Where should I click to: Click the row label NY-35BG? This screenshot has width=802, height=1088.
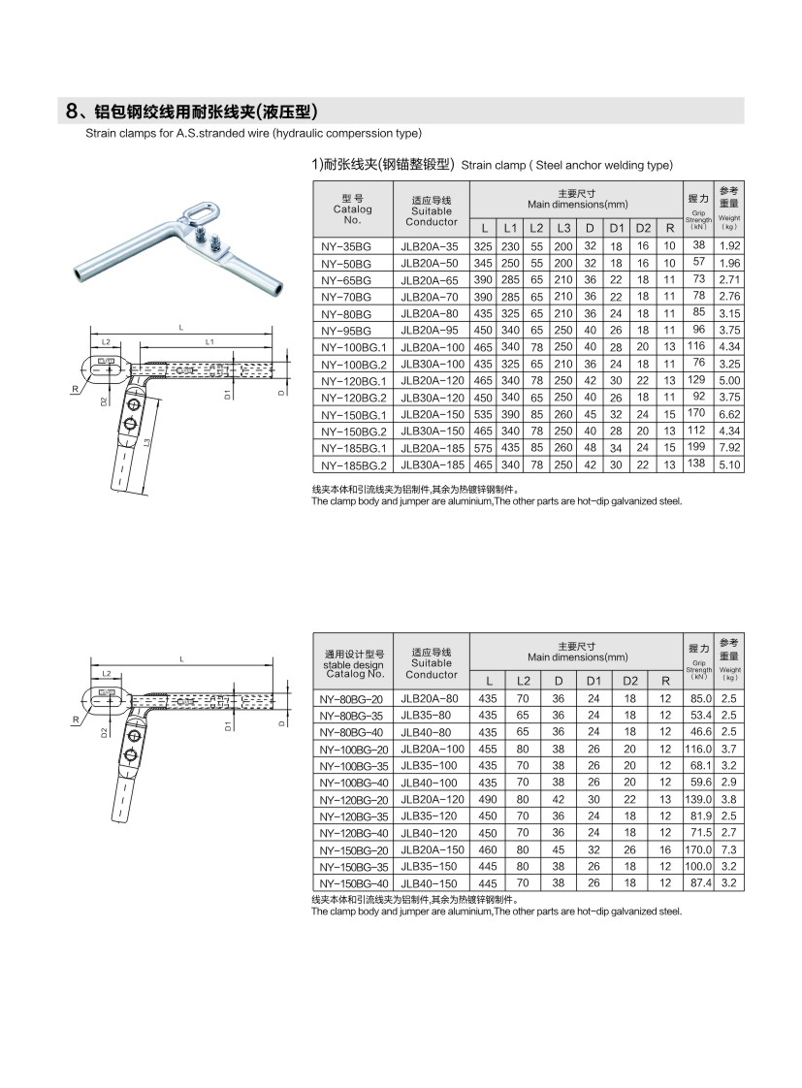click(345, 246)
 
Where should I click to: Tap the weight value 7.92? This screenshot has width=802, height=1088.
click(730, 447)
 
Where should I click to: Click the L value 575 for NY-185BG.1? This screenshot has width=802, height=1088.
click(482, 447)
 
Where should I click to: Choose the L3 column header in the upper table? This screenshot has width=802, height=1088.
click(561, 228)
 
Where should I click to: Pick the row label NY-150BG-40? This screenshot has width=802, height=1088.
click(352, 883)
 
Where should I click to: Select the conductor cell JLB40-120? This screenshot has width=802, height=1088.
click(431, 833)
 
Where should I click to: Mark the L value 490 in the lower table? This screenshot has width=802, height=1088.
click(490, 799)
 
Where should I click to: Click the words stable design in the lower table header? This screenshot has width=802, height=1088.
click(354, 665)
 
